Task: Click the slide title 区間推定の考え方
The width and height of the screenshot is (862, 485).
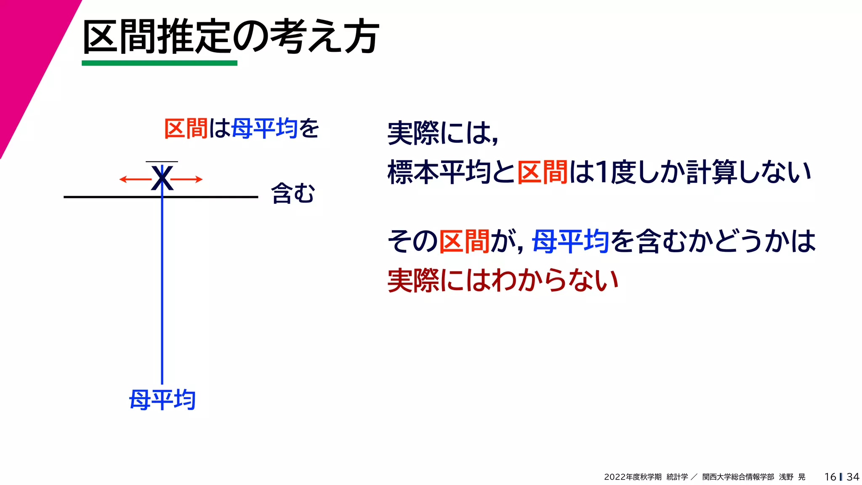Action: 231,37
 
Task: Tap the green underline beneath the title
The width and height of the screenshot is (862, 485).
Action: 159,63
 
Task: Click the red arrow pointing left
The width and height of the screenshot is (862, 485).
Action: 135,179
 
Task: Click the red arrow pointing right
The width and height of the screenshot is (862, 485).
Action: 187,179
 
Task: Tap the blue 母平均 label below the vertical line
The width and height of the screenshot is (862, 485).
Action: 162,400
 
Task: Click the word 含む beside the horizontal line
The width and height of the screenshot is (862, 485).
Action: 293,194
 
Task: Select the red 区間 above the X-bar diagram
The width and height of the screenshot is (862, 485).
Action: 185,128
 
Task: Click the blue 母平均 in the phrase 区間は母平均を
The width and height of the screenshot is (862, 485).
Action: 264,128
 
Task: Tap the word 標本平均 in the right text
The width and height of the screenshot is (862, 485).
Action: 439,172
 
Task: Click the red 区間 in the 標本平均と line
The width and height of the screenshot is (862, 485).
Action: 542,172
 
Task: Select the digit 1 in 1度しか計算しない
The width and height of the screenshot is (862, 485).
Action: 603,172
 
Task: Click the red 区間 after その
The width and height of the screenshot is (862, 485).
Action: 464,242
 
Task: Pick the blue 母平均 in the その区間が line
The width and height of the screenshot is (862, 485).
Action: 571,242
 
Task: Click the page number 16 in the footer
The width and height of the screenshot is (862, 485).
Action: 830,477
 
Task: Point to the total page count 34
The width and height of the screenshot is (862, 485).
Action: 853,477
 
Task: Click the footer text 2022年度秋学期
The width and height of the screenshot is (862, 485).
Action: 633,477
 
